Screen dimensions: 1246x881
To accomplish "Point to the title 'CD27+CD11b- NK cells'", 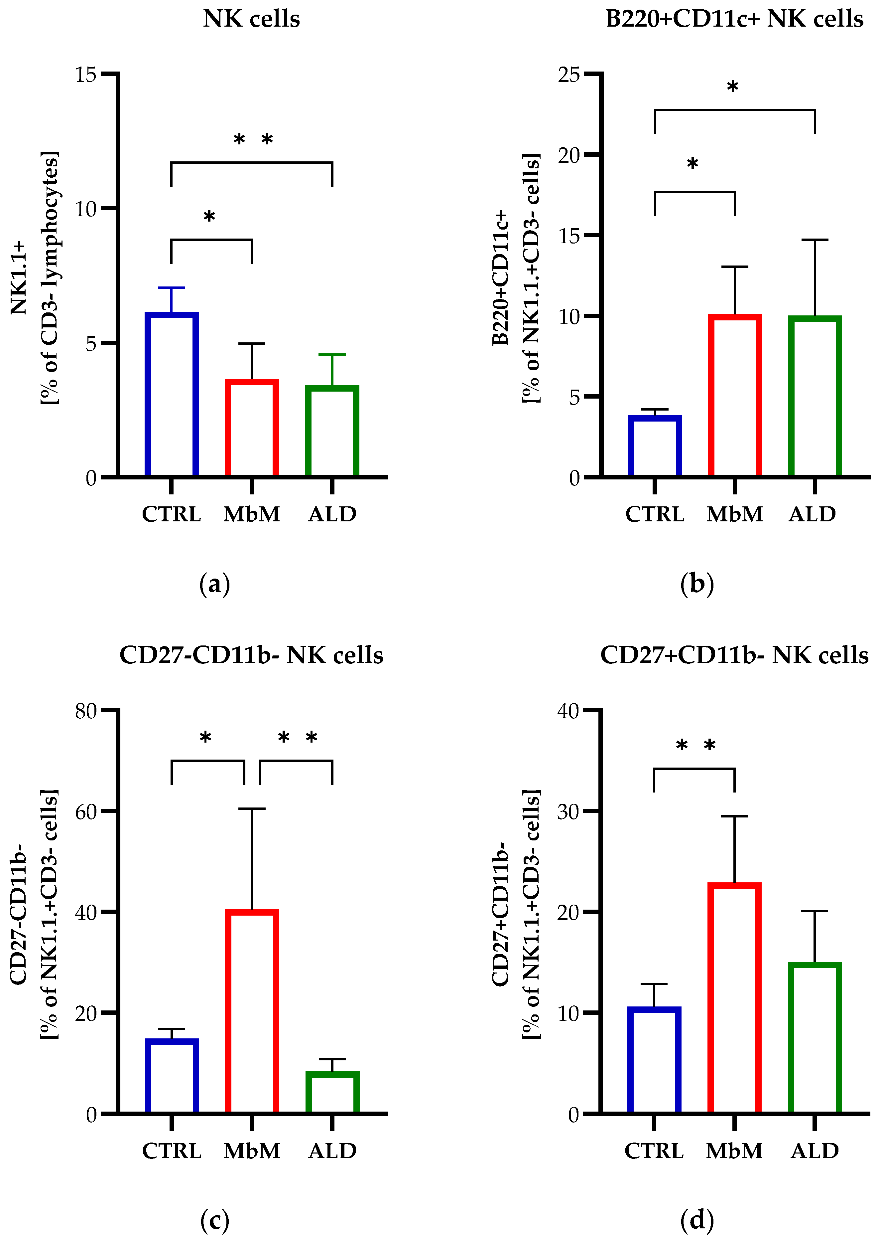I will tap(734, 655).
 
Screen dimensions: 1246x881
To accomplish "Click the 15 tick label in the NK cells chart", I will tap(86, 75).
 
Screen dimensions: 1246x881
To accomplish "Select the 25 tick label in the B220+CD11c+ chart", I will tap(569, 75).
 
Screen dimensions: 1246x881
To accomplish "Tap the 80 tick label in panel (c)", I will tap(86, 711).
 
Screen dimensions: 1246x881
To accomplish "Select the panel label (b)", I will tap(697, 585).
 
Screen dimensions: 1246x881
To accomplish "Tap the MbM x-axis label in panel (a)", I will tap(252, 514).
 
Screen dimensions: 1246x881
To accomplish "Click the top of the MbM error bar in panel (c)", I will tap(252, 809).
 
